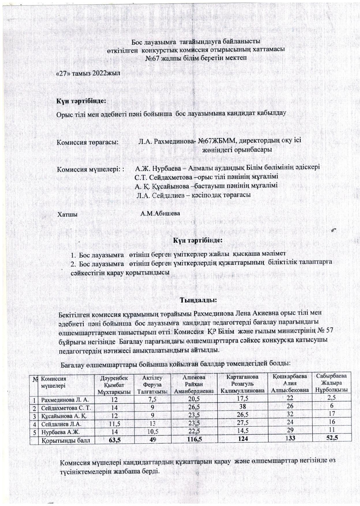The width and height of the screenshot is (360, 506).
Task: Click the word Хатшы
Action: point(67,214)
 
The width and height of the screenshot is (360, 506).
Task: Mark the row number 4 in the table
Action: point(35,424)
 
